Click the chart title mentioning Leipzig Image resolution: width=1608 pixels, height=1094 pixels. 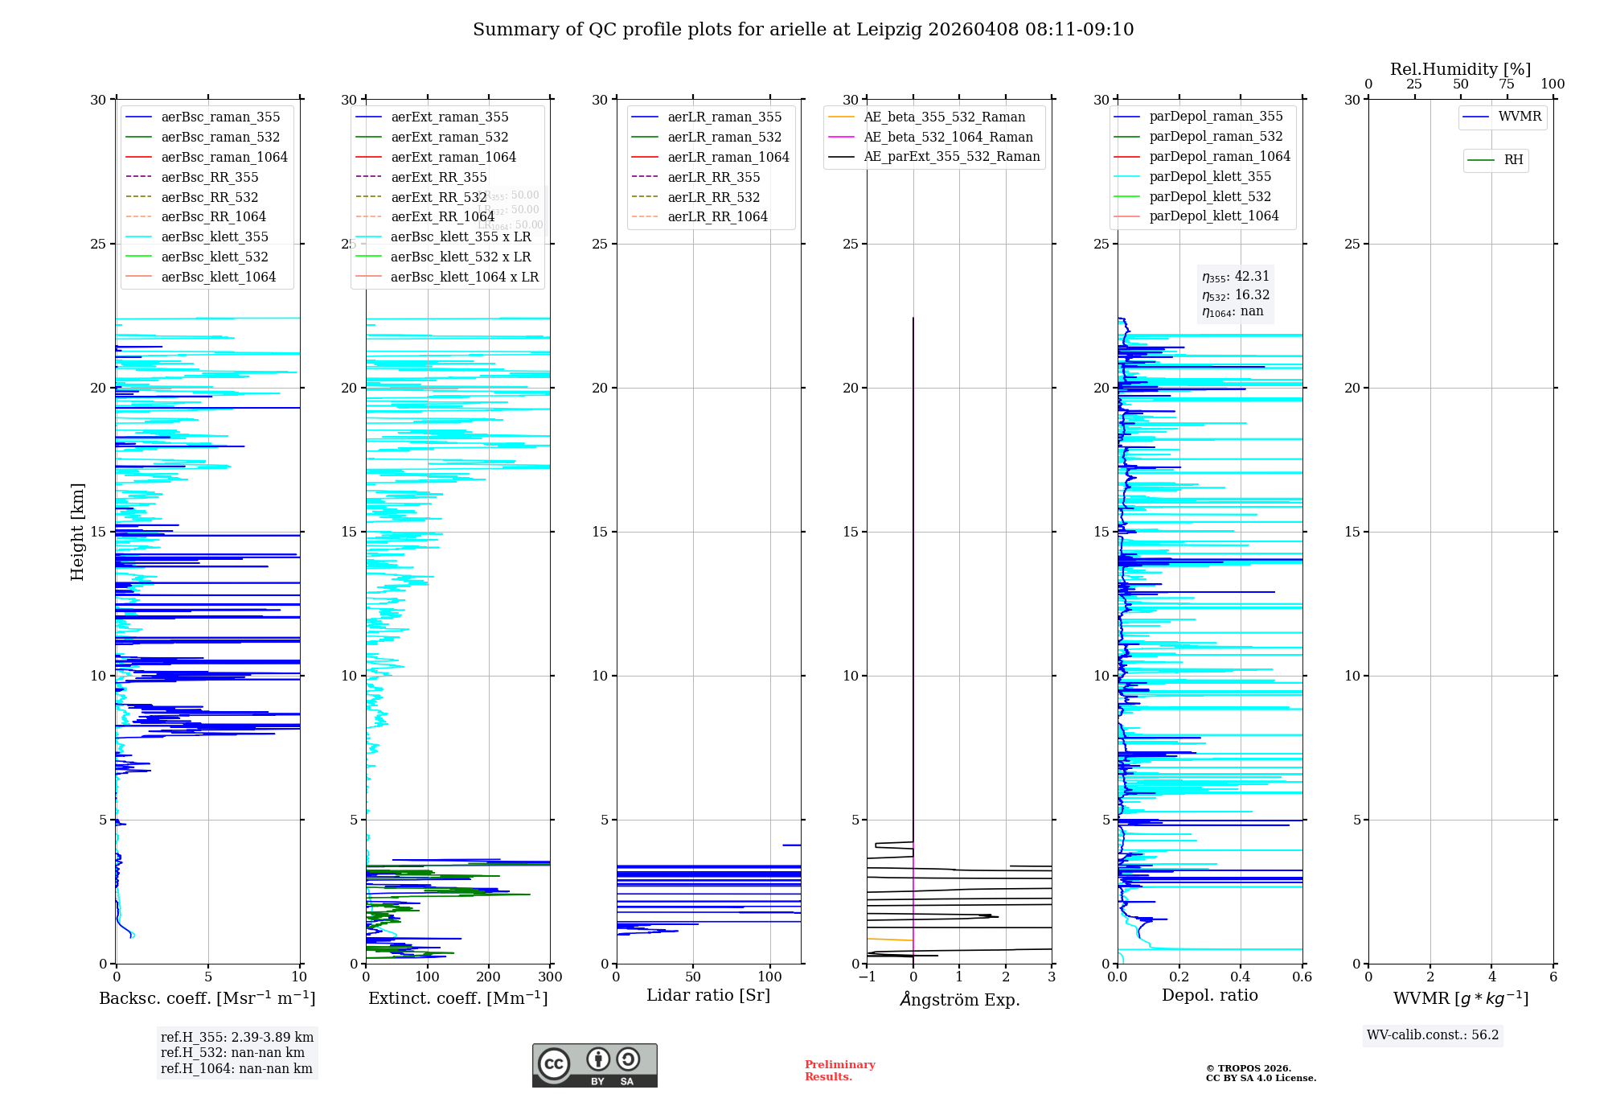click(803, 30)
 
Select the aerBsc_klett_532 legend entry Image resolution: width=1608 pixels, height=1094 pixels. click(214, 257)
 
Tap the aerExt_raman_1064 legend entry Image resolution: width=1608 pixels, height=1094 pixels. click(453, 157)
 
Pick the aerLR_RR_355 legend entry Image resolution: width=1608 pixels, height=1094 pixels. click(713, 177)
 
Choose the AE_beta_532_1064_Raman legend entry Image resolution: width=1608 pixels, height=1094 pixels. click(948, 137)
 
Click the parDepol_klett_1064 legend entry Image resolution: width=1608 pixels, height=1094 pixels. click(1213, 216)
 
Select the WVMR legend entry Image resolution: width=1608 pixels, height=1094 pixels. click(1519, 117)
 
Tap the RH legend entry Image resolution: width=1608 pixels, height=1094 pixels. click(1512, 160)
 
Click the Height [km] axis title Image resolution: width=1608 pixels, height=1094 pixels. click(77, 532)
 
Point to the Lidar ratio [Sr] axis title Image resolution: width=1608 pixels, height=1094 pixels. click(708, 995)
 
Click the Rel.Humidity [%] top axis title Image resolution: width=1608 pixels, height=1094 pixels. click(1460, 69)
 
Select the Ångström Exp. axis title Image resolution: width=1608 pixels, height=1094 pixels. click(959, 999)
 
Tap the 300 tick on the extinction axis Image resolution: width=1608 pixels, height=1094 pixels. click(551, 977)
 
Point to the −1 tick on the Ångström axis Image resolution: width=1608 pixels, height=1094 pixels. click(867, 977)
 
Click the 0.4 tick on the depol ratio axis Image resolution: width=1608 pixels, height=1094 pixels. click(1241, 977)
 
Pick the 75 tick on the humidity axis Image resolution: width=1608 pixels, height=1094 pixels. click(1507, 84)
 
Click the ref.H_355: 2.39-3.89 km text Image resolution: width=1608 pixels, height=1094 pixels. click(236, 1038)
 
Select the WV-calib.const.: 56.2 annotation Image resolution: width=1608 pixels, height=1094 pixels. click(1433, 1035)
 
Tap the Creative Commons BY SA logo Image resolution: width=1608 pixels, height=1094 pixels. click(594, 1065)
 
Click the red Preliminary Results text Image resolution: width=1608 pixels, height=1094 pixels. click(839, 1071)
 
